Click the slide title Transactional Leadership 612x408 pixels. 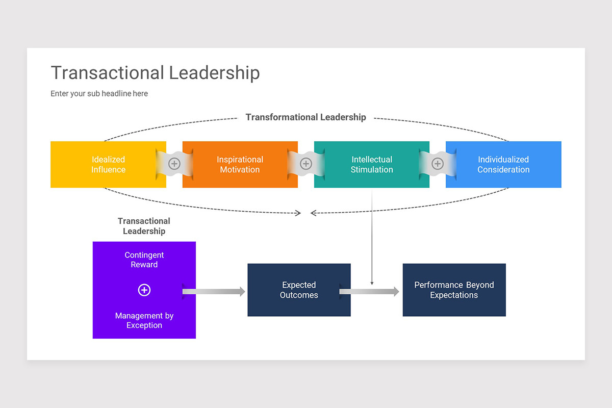coord(155,73)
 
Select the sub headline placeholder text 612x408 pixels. coord(99,94)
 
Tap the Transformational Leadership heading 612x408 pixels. coord(305,117)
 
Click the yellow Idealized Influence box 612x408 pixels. coord(108,165)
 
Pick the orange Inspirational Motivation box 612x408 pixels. coord(240,165)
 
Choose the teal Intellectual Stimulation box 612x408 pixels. coord(371,165)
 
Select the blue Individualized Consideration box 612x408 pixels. coord(503,165)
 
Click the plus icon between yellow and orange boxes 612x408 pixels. coord(174,164)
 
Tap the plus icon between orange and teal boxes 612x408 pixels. coord(306,164)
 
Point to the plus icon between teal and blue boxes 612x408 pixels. coord(438,164)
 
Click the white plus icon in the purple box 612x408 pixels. coord(144,290)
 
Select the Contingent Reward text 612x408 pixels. coord(144,260)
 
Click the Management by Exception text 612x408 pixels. coord(144,320)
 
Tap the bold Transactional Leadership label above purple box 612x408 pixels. coord(144,226)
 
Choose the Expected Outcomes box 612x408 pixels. coord(299,290)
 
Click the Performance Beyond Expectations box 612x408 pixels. coord(454,290)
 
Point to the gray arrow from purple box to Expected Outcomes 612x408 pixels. coord(214,292)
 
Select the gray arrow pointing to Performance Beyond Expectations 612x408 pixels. coord(370,292)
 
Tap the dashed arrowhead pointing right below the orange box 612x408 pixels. coord(298,213)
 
